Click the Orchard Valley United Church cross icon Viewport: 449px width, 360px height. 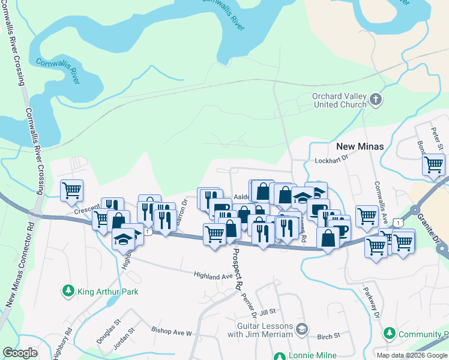376,100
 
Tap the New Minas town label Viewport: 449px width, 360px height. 360,146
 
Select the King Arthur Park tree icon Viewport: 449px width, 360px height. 68,292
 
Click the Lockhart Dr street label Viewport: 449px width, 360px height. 331,161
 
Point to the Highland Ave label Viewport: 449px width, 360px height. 212,275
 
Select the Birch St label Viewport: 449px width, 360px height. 328,335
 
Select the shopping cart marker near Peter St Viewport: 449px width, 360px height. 433,163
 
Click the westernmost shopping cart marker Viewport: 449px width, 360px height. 72,190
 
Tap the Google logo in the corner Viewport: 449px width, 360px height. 20,353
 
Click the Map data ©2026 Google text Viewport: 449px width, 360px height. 412,355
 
